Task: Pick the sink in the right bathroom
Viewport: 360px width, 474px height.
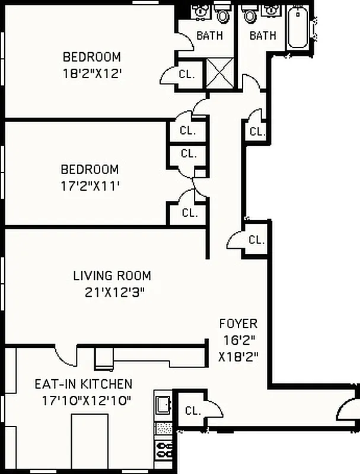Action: [272, 11]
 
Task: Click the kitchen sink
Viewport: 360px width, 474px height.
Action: [163, 405]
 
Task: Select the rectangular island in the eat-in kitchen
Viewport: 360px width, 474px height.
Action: [90, 441]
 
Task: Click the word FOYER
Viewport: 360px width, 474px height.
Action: [238, 324]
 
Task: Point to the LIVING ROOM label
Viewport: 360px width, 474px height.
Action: [112, 276]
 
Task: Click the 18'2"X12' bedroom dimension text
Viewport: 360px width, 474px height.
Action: [92, 75]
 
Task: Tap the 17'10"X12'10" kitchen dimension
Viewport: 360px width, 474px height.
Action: [87, 401]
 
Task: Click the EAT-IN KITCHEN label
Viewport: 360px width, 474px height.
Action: [83, 384]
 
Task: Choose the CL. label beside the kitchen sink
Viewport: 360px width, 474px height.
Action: [192, 410]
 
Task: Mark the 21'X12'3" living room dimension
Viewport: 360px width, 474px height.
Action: [112, 292]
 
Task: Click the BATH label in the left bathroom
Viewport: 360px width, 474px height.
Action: [209, 36]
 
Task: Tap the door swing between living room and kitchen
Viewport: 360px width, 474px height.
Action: [65, 355]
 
